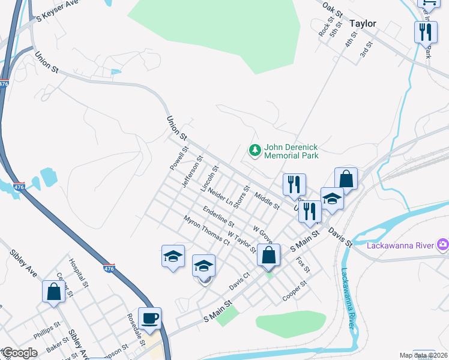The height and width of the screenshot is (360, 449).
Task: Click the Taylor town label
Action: [x=363, y=23]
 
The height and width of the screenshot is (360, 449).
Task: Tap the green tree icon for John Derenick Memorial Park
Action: [x=256, y=150]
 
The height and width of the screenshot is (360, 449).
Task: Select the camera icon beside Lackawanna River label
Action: [x=443, y=244]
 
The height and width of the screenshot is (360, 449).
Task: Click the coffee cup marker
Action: [x=149, y=317]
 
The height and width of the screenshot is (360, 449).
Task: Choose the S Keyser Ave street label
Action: [x=58, y=11]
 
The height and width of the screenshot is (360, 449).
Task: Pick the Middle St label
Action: [x=267, y=200]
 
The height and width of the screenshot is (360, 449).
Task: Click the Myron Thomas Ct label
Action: [x=207, y=231]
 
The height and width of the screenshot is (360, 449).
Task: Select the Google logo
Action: [x=19, y=353]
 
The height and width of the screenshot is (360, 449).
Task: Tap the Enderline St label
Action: [x=218, y=216]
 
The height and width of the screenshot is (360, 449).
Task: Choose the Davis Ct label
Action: [x=239, y=281]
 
